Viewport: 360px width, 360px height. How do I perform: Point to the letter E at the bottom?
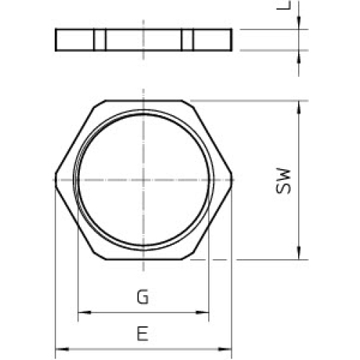[143, 333]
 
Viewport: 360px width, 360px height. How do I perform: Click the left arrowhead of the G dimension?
[81, 312]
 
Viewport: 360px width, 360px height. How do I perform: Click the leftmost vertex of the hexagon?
[55, 179]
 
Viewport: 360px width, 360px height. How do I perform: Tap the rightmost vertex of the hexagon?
[231, 179]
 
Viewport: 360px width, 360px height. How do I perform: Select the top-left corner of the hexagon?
[98, 101]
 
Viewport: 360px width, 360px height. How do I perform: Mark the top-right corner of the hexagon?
[189, 101]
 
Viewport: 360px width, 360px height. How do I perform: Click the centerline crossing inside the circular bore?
[143, 179]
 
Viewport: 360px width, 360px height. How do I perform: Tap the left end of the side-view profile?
[56, 40]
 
